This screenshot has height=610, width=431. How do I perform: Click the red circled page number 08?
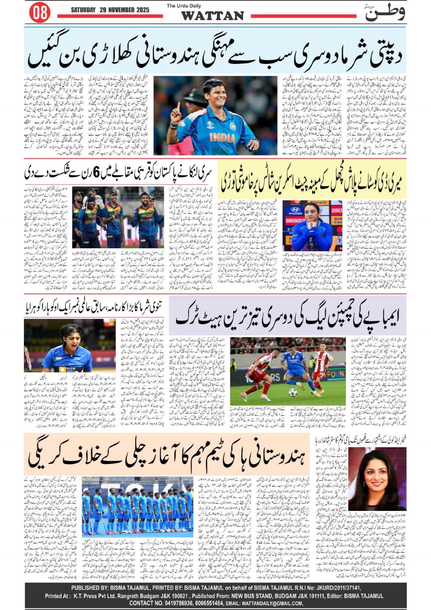tap(40, 12)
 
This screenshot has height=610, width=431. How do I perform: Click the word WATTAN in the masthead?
tap(212, 16)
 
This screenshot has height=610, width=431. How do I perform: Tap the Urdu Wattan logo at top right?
tap(385, 13)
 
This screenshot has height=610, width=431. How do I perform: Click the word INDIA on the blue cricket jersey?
tap(222, 137)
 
